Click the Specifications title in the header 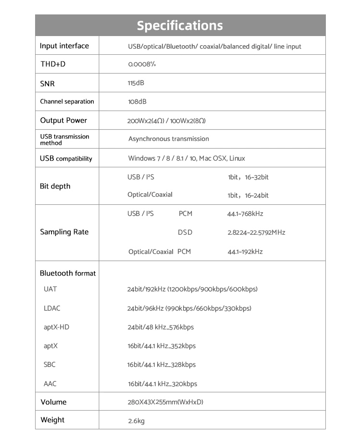click(180, 25)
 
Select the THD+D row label click(53, 64)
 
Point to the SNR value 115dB click(136, 83)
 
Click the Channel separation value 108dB click(137, 101)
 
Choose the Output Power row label click(63, 120)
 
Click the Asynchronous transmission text click(169, 139)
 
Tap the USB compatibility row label click(66, 158)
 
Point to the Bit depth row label click(55, 186)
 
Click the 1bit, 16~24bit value click(248, 195)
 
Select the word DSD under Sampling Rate click(185, 233)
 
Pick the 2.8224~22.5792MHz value click(256, 233)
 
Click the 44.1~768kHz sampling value click(245, 214)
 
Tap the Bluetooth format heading click(68, 273)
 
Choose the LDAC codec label click(52, 308)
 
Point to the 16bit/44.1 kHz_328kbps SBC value click(161, 365)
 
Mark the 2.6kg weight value click(136, 421)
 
